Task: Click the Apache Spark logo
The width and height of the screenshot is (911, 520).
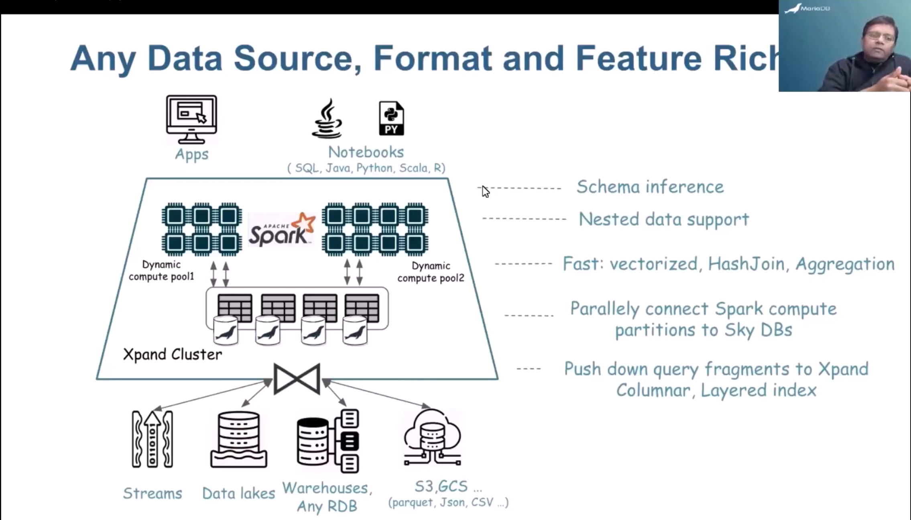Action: pos(282,230)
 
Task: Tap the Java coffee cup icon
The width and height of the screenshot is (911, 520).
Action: pos(327,119)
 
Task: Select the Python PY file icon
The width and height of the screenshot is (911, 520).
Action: pos(391,118)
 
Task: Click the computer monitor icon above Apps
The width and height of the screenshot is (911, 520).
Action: pos(191,119)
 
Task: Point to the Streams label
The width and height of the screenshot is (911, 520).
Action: pos(152,493)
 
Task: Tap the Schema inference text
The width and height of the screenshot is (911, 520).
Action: pos(650,187)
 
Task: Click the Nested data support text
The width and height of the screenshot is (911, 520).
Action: pos(663,220)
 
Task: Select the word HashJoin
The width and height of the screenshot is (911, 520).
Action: pos(746,264)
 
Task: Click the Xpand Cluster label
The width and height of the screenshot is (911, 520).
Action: pos(172,355)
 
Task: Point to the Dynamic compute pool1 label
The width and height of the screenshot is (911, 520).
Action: pos(161,271)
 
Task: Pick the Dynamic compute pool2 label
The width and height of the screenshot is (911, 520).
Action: pos(431,272)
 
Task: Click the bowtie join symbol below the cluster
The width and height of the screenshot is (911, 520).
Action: pos(297,379)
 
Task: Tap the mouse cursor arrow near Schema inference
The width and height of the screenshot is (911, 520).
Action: pos(486,192)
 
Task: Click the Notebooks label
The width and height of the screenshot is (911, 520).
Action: pos(366,152)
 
